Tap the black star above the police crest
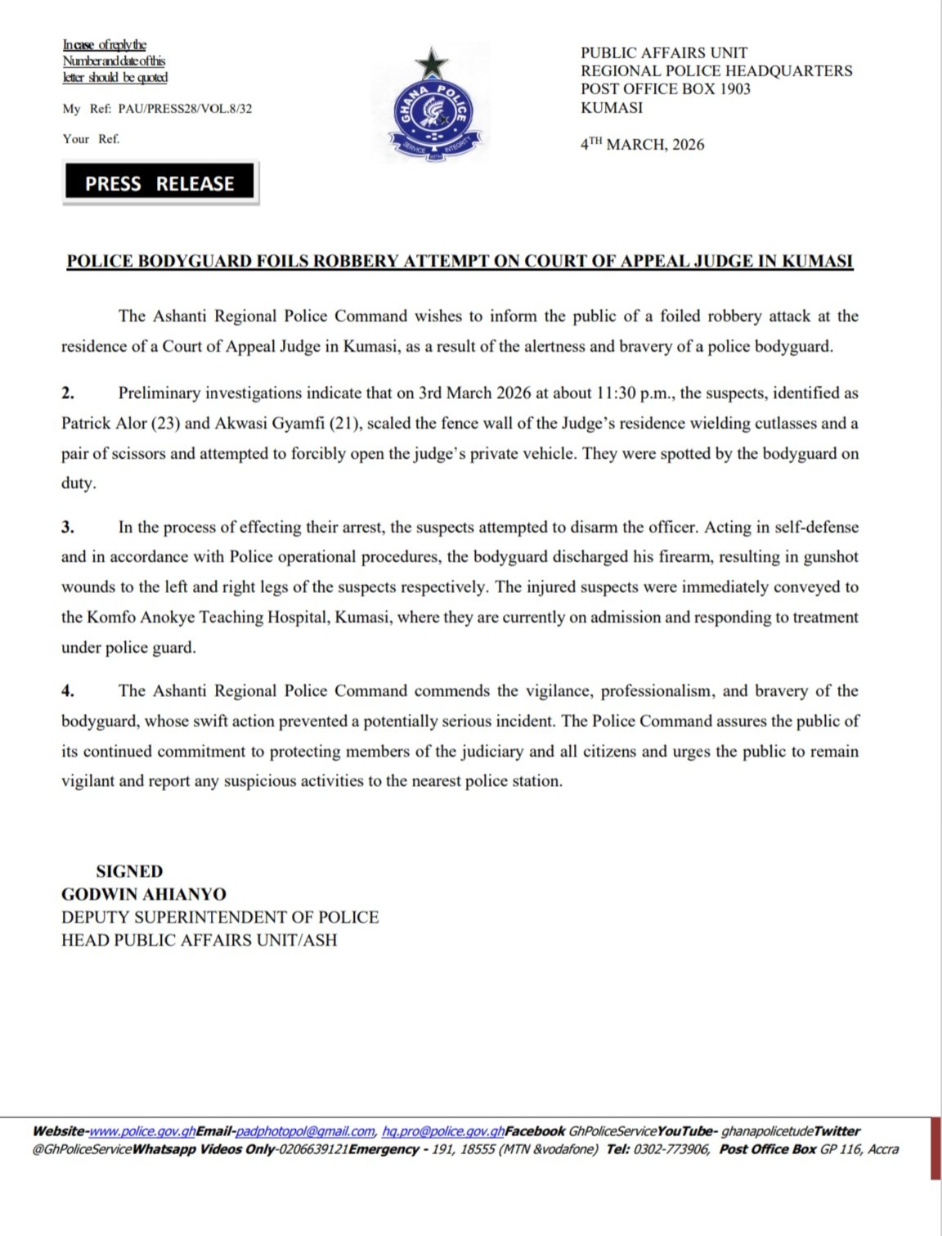431,62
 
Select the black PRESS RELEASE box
159,183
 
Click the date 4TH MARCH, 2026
642,145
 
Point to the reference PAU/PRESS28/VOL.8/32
185,109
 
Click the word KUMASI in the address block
612,108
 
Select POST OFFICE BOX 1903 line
666,89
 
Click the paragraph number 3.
68,528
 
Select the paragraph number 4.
68,691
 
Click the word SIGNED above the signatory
129,871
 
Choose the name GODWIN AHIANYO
144,894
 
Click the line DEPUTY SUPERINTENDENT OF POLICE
220,917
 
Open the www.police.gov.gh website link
141,1131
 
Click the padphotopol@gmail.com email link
305,1131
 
